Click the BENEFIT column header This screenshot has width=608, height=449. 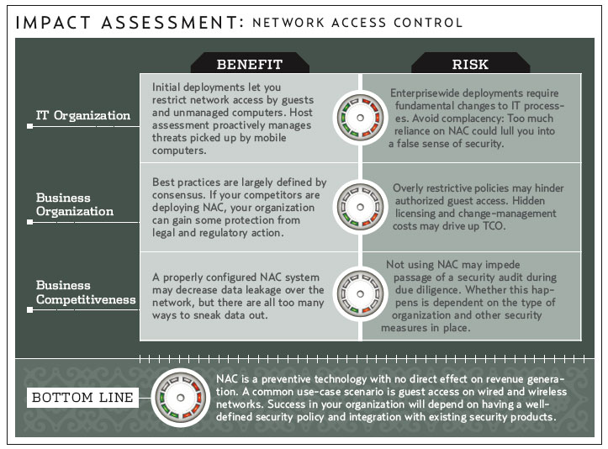coord(250,64)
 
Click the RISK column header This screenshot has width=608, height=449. coord(470,64)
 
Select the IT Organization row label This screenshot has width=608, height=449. coord(82,115)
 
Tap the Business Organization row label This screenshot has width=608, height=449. coord(74,204)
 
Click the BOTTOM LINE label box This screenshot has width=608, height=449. coord(82,397)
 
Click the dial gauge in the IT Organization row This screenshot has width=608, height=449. coord(360,117)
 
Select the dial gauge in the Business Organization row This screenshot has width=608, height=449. coord(360,205)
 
